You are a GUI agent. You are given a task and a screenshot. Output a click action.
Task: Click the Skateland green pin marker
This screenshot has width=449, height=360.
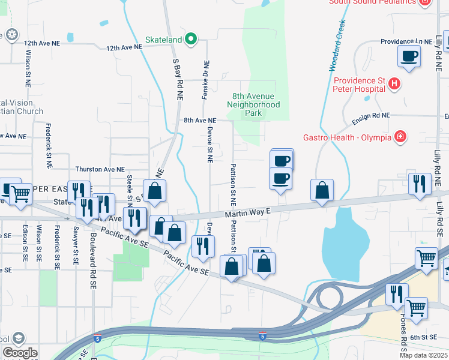[191, 40]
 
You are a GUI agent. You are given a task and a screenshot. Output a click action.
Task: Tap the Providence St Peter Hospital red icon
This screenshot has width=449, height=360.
[394, 84]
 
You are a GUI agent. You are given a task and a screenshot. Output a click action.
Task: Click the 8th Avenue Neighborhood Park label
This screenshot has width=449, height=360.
[254, 104]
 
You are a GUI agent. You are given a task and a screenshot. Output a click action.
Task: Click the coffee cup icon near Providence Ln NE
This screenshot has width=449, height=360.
[409, 56]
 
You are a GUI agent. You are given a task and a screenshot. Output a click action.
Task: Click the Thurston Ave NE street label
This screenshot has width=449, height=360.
[100, 170]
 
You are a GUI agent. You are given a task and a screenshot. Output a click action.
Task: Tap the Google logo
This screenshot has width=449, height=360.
[20, 353]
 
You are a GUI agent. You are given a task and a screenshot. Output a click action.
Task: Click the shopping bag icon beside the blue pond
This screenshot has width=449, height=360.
[322, 190]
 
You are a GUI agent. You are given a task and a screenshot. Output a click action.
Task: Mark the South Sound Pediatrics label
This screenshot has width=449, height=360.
[372, 2]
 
